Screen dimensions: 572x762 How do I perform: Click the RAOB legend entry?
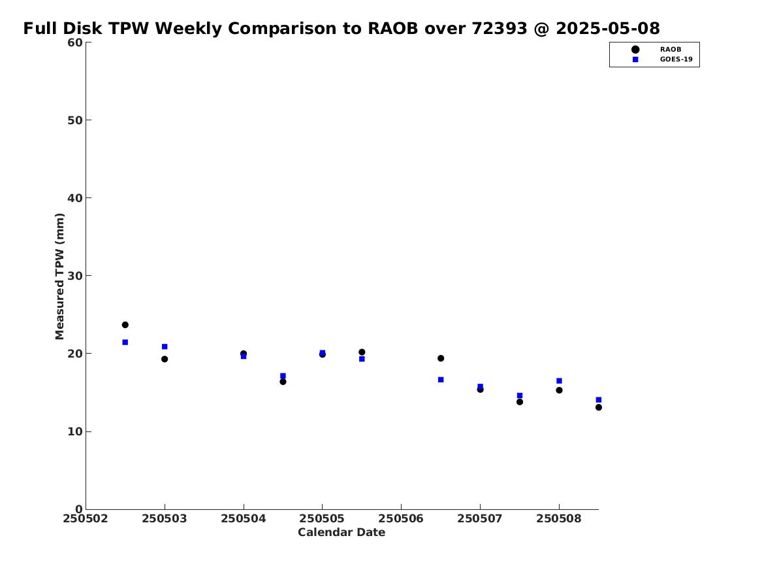pos(670,49)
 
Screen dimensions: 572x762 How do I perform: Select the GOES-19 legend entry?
pos(675,59)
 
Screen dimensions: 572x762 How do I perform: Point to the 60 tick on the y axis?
pos(75,42)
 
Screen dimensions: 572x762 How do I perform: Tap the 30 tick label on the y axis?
pos(75,276)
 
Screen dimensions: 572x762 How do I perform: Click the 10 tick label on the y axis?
pos(75,431)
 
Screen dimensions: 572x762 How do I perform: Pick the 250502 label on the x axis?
pos(86,519)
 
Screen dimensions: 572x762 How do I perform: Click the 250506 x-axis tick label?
pos(401,519)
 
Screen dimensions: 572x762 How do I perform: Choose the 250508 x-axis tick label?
pos(559,519)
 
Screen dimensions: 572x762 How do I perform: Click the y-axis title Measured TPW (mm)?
pos(60,276)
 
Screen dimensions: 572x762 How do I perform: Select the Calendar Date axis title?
pos(341,533)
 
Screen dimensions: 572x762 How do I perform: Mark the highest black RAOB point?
pos(125,325)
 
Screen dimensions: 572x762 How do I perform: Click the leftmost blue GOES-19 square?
pos(125,343)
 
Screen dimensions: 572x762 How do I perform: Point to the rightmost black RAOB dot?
pos(599,407)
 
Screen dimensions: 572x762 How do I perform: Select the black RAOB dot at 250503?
pos(165,359)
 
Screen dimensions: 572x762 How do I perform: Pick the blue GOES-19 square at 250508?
pos(559,381)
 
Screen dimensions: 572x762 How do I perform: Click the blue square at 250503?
pos(165,346)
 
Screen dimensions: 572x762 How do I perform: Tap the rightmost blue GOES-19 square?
pos(599,400)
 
